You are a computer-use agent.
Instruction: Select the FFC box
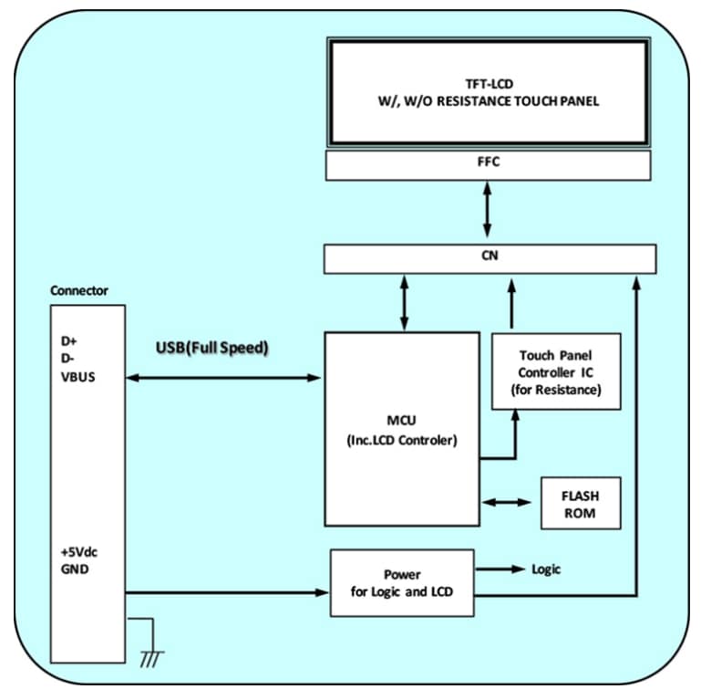488,165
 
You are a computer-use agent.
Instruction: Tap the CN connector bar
488,258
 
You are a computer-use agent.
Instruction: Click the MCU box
401,429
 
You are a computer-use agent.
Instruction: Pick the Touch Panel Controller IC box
556,371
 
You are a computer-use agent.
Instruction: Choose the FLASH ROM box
581,502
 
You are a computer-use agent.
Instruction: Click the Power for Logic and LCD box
402,583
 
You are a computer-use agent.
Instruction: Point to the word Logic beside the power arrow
546,569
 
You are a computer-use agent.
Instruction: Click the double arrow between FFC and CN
489,213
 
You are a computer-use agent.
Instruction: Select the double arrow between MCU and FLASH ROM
510,502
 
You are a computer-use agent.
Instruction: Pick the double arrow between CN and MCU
404,302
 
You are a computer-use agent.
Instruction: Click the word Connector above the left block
79,291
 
